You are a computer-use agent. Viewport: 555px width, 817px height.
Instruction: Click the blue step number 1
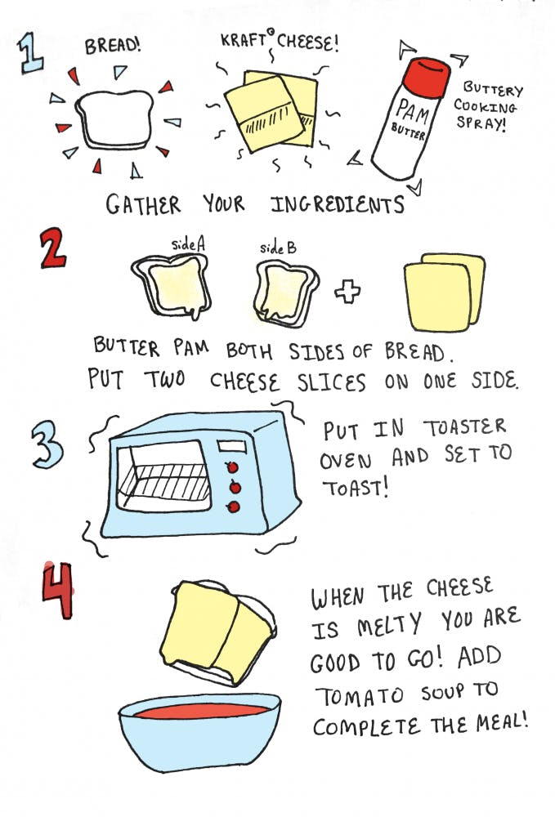pos(30,53)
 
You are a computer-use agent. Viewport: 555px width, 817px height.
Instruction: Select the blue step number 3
pos(47,444)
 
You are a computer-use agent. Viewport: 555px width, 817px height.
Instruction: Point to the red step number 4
pos(58,591)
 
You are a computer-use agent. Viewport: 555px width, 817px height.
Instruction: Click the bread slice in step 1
pos(115,118)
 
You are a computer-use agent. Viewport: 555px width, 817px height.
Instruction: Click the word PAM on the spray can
pos(412,111)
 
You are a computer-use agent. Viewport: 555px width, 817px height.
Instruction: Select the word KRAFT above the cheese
pos(244,40)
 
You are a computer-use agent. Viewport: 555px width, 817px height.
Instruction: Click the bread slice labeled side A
pos(172,285)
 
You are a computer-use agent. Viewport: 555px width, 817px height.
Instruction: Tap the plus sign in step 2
pos(347,292)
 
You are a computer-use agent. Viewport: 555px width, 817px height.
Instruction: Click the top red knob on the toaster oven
pos(232,467)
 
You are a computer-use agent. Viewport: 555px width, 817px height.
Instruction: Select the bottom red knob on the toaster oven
pos(234,507)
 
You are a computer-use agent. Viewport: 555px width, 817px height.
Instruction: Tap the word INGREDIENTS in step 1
pos(338,204)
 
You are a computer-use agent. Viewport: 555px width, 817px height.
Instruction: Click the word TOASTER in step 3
pos(464,427)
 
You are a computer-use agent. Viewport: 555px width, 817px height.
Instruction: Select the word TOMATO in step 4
pos(360,696)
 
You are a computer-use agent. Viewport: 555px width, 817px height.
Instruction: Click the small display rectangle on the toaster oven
pos(232,447)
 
